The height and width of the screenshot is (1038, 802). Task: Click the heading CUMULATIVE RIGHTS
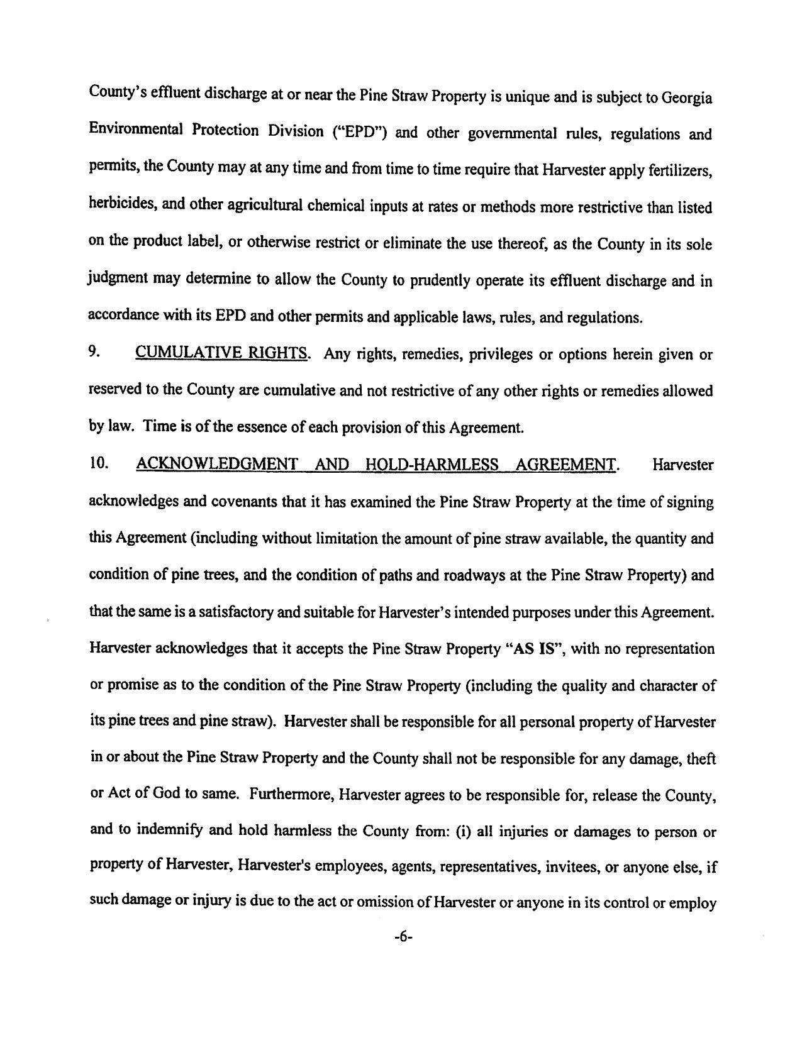[221, 353]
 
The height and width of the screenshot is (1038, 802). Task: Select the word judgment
[118, 279]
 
